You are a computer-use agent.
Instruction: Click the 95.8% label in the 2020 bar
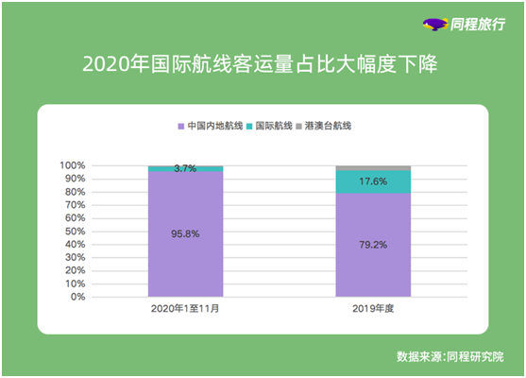point(185,232)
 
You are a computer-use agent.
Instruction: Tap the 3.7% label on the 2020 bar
point(185,168)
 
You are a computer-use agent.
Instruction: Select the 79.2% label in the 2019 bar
point(374,244)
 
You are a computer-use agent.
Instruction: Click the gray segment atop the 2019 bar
point(374,167)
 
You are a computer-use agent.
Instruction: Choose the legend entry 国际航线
point(268,126)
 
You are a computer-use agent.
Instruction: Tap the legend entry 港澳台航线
point(327,126)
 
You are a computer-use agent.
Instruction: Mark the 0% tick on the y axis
point(77,297)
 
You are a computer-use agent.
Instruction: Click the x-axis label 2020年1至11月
point(185,310)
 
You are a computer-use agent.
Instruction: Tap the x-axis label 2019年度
point(374,310)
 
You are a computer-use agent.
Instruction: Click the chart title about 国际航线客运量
point(262,66)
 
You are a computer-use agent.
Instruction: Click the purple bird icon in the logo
point(434,25)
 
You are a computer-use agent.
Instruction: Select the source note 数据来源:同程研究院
point(450,357)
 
